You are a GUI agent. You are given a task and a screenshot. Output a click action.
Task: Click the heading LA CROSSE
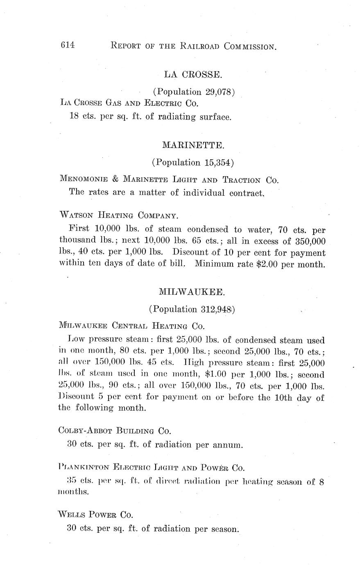click(x=193, y=75)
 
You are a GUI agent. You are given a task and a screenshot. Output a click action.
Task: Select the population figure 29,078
click(x=218, y=92)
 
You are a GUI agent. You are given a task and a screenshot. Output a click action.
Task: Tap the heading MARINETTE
click(x=193, y=145)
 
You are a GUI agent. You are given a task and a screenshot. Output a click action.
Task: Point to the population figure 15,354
click(x=217, y=163)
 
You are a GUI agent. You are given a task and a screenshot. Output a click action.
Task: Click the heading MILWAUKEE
click(x=191, y=292)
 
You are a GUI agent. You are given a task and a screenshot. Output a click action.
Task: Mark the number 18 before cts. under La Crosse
click(x=74, y=117)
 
